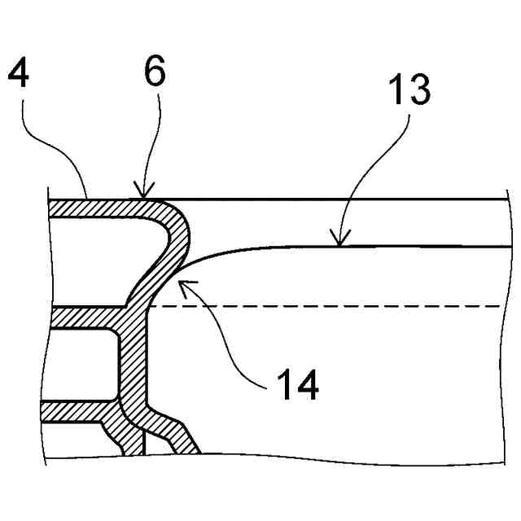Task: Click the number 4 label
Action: tap(19, 76)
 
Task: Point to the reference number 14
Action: tap(296, 383)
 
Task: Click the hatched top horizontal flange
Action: tap(98, 208)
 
